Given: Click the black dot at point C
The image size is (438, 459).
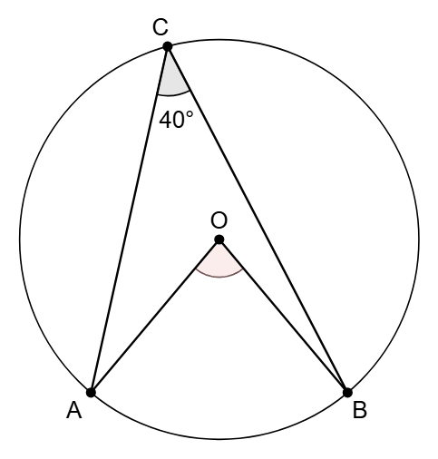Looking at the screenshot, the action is (x=168, y=47).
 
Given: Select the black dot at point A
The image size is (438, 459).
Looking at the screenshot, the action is (x=91, y=393).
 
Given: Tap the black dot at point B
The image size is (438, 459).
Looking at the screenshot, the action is (x=347, y=393).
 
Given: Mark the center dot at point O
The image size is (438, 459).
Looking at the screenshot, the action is (x=219, y=239).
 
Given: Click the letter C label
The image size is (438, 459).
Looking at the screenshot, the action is (x=161, y=27).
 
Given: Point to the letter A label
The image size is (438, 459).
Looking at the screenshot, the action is (x=74, y=411).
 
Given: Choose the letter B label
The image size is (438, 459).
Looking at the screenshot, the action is (x=360, y=411).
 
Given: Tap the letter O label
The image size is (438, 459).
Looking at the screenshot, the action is (x=219, y=220).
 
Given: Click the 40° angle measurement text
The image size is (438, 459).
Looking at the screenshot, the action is (x=176, y=120).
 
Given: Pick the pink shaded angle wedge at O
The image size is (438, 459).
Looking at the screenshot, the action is (x=219, y=262).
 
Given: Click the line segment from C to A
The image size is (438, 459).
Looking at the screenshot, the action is (x=129, y=220).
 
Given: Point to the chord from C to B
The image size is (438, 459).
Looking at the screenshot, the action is (x=258, y=220).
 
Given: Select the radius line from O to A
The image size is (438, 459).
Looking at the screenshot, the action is (x=155, y=317).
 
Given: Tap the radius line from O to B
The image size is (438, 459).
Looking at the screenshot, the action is (x=284, y=317).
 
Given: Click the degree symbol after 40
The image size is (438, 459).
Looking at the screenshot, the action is (x=190, y=114).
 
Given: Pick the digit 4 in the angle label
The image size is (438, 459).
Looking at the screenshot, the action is (x=165, y=120).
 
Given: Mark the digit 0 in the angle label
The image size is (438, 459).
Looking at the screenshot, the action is (x=178, y=120).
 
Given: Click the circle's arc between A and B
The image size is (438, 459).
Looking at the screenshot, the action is (x=219, y=439).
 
